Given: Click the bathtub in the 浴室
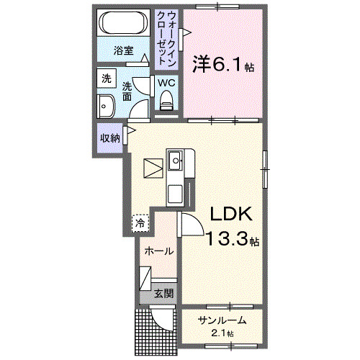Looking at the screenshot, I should tap(124, 22).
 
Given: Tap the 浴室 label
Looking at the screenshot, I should tap(124, 50).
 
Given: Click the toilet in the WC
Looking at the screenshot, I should tap(167, 100).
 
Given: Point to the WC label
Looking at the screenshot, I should tap(167, 82).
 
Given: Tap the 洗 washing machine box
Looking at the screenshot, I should tap(106, 78).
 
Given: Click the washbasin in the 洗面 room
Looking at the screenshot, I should tap(105, 106).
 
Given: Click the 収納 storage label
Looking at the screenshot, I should tap(109, 138).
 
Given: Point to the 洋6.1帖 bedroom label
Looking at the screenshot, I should tap(222, 65).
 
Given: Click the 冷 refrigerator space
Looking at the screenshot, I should tap(140, 223).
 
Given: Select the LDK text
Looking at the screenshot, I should tap(230, 215).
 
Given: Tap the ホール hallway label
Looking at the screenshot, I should tap(158, 251).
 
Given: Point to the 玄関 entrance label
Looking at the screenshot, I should tap(163, 293).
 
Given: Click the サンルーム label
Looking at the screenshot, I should tap(222, 320).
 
